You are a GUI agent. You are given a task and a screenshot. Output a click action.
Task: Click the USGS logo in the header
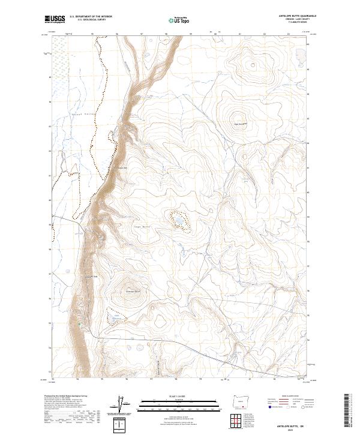point(55,19)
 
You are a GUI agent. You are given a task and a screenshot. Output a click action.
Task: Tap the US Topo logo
point(179,20)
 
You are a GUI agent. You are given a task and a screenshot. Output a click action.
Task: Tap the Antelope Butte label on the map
point(132,292)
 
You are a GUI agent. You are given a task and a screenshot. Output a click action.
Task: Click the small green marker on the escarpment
point(80,324)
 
